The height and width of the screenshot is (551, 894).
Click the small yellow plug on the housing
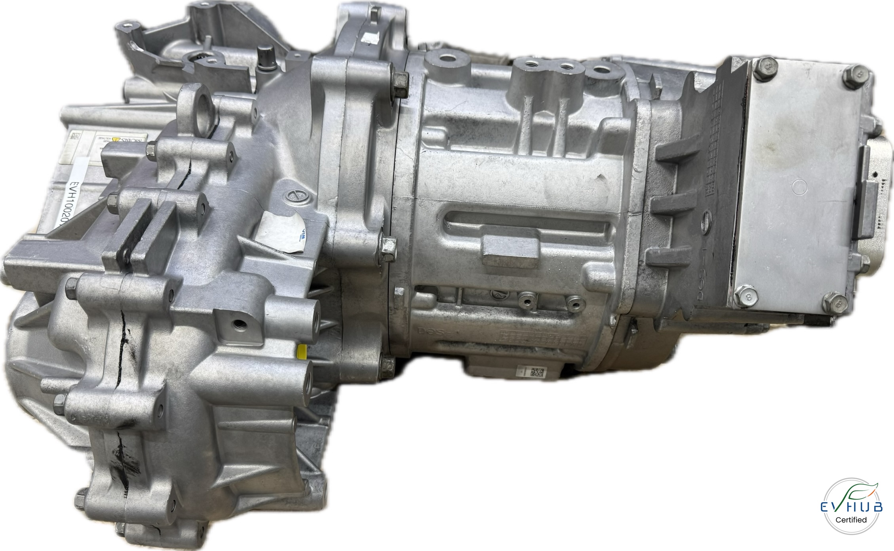[302, 351]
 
